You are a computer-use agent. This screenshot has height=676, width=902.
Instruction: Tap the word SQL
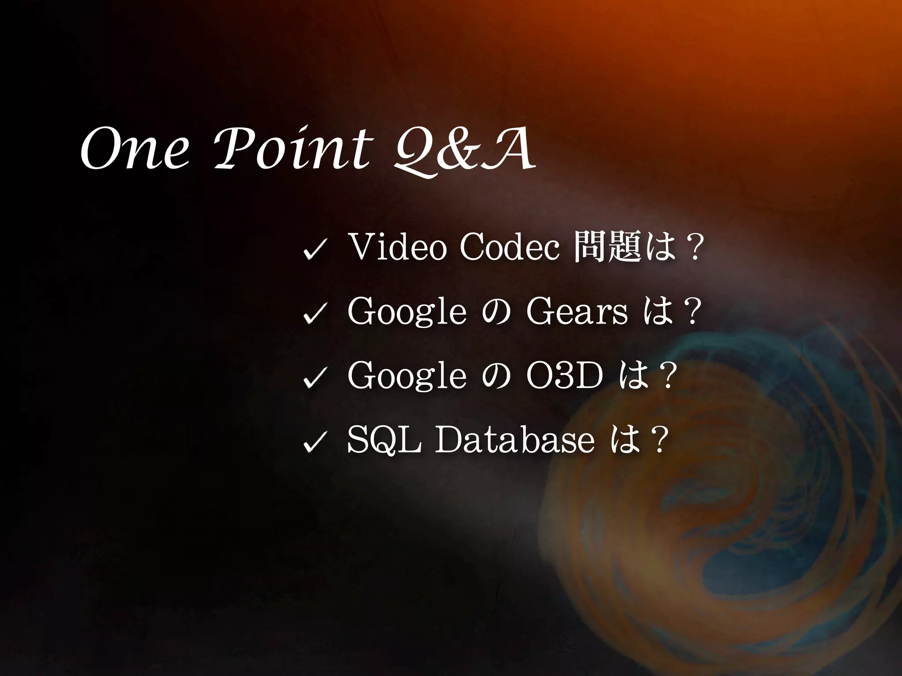[384, 441]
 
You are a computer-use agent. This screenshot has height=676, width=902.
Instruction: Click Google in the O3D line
[407, 378]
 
